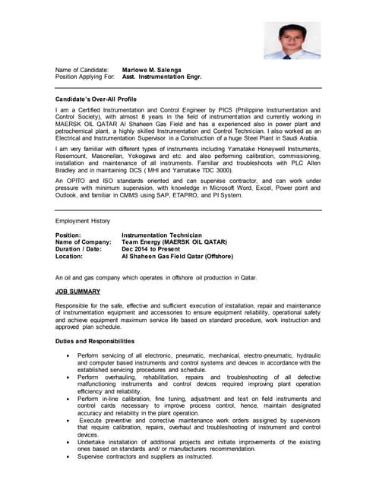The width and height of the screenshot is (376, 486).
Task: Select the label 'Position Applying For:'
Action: pos(85,77)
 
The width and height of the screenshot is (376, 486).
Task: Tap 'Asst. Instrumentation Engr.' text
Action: pos(162,77)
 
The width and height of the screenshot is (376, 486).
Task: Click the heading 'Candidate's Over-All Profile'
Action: pos(96,99)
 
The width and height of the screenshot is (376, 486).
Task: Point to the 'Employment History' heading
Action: pos(83,220)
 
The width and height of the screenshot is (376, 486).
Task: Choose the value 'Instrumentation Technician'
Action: pos(162,235)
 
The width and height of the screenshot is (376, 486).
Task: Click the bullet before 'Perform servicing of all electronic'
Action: pos(70,355)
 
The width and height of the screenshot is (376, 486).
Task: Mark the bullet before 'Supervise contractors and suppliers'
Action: pos(70,456)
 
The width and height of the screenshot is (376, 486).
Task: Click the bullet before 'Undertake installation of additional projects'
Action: pos(70,442)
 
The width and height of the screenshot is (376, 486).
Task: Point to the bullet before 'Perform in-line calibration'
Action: pos(70,399)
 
